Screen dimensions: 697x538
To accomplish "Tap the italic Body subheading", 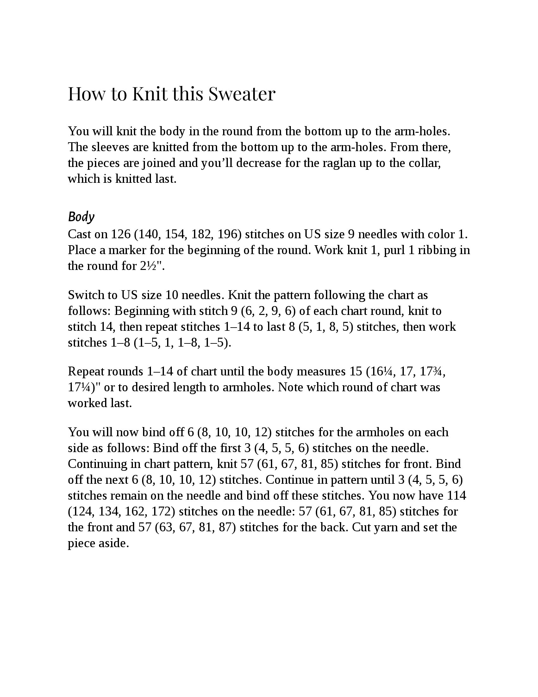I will pos(81,217).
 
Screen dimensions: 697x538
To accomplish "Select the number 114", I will pos(456,496).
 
